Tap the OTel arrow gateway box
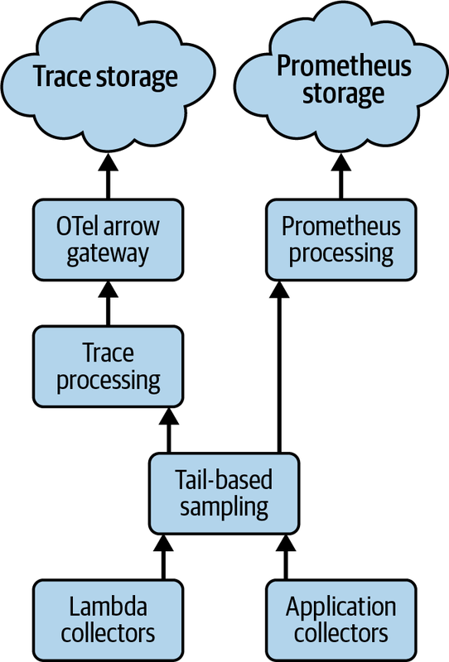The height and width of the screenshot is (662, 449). pyautogui.click(x=108, y=240)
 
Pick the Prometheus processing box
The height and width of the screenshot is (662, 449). pyautogui.click(x=341, y=240)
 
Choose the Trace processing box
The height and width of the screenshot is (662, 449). pyautogui.click(x=108, y=367)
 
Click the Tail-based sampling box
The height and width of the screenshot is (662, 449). pyautogui.click(x=224, y=493)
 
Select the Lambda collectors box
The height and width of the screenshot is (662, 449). pyautogui.click(x=108, y=620)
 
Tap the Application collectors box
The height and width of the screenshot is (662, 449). pyautogui.click(x=341, y=620)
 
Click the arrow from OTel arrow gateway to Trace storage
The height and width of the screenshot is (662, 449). pyautogui.click(x=108, y=176)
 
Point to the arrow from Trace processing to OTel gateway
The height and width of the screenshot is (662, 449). pyautogui.click(x=108, y=303)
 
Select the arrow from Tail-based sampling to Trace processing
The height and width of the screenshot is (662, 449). pyautogui.click(x=169, y=429)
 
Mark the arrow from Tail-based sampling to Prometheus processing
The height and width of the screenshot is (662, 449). pyautogui.click(x=279, y=367)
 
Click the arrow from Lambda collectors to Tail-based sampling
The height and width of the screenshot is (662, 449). pyautogui.click(x=164, y=556)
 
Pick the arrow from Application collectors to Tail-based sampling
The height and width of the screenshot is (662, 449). pyautogui.click(x=285, y=556)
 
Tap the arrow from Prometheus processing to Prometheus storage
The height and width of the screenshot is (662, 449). pyautogui.click(x=341, y=176)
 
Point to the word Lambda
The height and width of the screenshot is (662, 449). pyautogui.click(x=109, y=607)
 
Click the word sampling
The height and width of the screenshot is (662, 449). pyautogui.click(x=224, y=507)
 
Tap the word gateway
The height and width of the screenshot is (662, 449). pyautogui.click(x=108, y=254)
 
